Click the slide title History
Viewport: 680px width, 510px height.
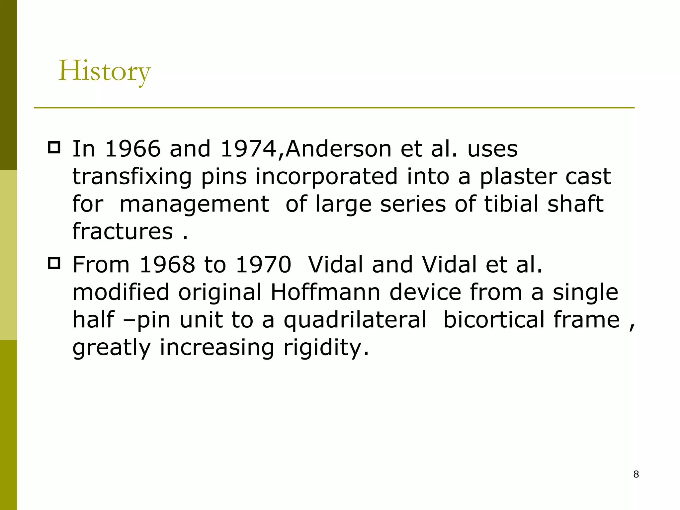click(x=104, y=71)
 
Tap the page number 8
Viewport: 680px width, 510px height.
click(x=636, y=474)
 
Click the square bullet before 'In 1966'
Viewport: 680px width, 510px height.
click(x=54, y=147)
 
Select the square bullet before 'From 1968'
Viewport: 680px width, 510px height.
click(x=54, y=263)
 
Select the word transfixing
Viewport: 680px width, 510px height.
click(x=132, y=176)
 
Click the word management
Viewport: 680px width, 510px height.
click(x=194, y=204)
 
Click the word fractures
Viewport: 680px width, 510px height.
click(x=123, y=231)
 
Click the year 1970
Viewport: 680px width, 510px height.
click(x=263, y=265)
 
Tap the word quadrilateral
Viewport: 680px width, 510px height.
click(x=355, y=320)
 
